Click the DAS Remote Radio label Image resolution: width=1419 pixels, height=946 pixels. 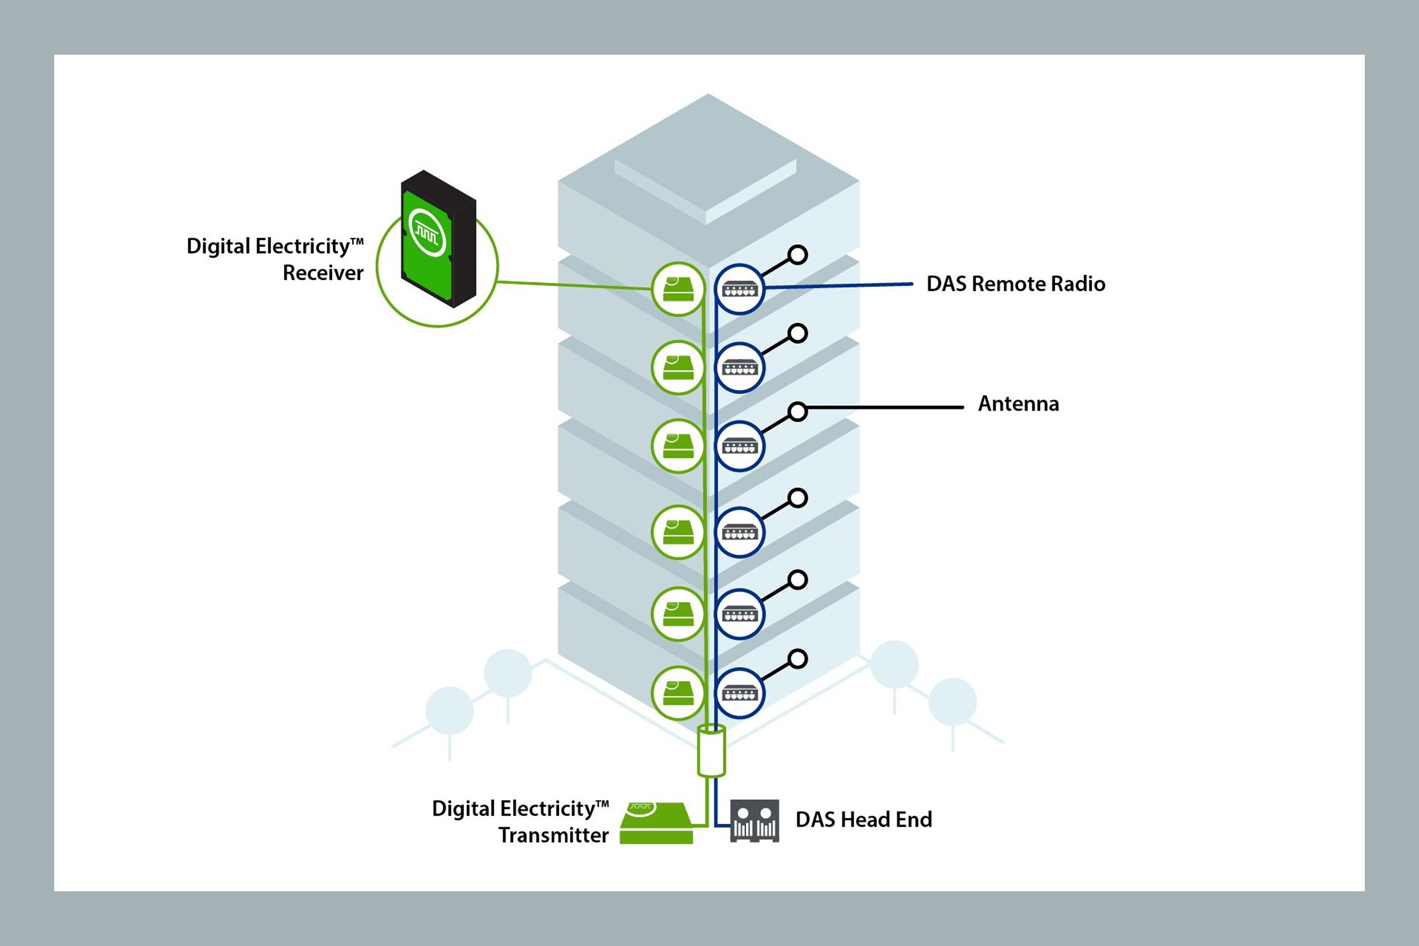coord(1016,284)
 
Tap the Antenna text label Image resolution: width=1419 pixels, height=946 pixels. coord(1018,403)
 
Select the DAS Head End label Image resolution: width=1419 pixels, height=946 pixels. coord(863,820)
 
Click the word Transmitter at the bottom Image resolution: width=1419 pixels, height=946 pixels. coord(553,835)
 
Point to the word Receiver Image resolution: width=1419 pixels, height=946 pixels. coord(323,273)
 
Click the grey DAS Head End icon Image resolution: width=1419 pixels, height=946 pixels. coord(754,821)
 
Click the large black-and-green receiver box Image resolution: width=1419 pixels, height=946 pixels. coord(439,240)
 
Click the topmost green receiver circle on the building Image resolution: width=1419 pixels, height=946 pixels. coord(678,289)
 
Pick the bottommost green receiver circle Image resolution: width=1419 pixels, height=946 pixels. coord(678,693)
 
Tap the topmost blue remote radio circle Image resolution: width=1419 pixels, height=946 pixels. coord(740,289)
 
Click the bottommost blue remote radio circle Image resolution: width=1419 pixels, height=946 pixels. coord(740,693)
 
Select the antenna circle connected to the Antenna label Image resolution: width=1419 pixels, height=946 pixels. coord(798,412)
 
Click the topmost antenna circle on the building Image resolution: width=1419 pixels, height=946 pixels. coord(798,255)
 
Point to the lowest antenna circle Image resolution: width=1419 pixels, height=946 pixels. coord(798,659)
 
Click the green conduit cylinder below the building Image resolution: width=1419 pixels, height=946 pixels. coord(711,751)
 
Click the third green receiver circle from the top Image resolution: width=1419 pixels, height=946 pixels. coord(678,446)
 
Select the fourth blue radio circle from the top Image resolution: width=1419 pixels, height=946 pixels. coord(740,532)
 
